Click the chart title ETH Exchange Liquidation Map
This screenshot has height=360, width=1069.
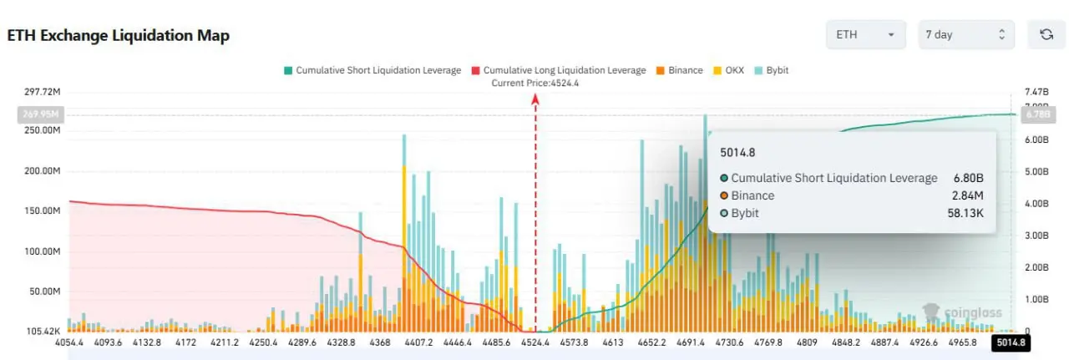(118, 36)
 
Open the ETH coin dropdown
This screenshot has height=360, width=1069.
(865, 35)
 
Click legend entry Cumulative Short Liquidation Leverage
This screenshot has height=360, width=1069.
(372, 70)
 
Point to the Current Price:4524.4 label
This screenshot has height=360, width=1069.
(535, 83)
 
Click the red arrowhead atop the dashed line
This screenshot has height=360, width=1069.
(535, 99)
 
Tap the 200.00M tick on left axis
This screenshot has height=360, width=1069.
(43, 171)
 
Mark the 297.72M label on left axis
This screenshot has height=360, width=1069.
(43, 91)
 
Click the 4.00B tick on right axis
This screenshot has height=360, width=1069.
(1036, 204)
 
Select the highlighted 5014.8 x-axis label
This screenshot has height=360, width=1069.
(1010, 342)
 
